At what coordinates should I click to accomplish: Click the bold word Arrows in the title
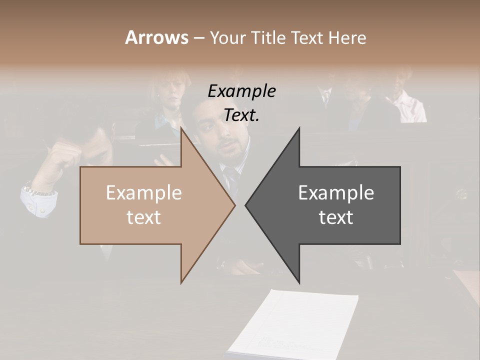click(x=156, y=37)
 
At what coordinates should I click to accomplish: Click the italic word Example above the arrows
click(x=241, y=91)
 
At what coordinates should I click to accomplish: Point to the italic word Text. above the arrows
click(x=241, y=115)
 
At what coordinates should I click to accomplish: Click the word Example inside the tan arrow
click(x=144, y=192)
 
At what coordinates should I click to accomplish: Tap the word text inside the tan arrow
click(x=144, y=217)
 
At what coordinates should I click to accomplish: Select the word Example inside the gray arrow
click(x=336, y=192)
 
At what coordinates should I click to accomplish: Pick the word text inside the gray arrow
click(x=336, y=217)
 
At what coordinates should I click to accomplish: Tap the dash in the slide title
click(x=198, y=38)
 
